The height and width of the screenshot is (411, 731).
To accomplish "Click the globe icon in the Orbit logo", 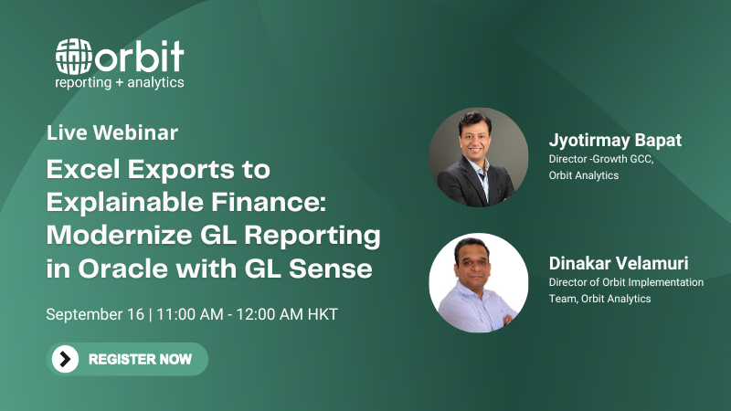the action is pos(73,57).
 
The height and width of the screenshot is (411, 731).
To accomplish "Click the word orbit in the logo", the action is pos(140,56).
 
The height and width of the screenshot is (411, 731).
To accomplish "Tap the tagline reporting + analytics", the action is pos(120,83).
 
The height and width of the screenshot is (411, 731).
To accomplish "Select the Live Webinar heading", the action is pos(112,132).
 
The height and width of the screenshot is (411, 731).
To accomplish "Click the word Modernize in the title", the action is pos(120,235).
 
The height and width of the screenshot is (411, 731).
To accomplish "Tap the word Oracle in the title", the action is pos(122,269).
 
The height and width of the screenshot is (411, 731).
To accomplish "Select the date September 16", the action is pos(95,314).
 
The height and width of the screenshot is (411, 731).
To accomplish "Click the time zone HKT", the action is pos(323,314).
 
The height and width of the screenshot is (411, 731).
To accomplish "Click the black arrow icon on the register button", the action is pos(65,359).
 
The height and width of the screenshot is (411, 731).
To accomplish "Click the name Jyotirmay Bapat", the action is pos(615,140).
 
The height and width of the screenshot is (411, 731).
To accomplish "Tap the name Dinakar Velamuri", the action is pos(619,263).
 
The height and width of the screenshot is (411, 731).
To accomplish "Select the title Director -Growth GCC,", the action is pos(601,159).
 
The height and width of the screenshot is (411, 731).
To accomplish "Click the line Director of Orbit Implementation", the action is pos(626,282).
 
